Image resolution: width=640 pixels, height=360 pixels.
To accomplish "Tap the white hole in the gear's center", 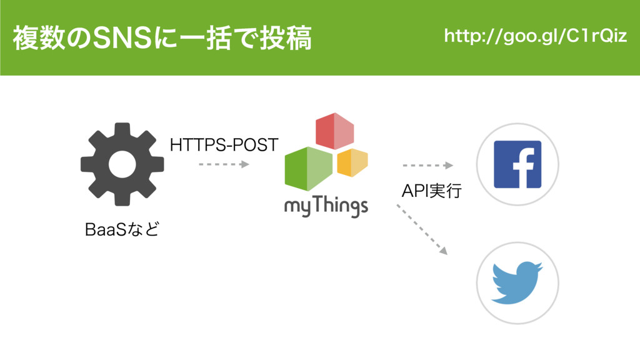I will tap(122, 164).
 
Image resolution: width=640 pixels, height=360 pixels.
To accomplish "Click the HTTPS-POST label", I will tap(224, 146).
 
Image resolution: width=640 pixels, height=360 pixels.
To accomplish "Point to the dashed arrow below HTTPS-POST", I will tap(224, 164).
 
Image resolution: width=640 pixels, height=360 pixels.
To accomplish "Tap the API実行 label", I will tap(431, 191).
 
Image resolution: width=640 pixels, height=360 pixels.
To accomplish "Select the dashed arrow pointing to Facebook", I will tap(427, 166).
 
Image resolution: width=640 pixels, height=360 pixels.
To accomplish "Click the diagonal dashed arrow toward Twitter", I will tap(422, 229).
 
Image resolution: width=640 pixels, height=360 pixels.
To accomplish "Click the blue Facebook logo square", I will tap(517, 164).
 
